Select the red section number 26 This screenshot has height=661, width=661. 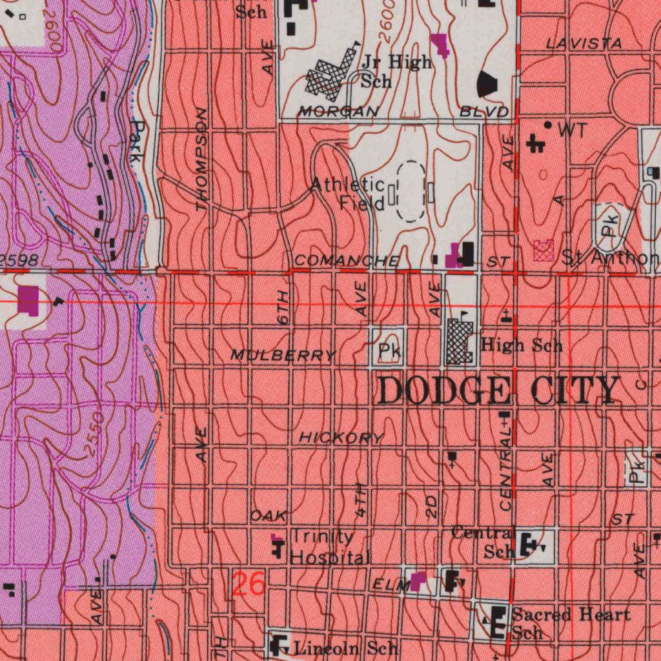pyautogui.click(x=249, y=585)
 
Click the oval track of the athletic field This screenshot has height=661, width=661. pyautogui.click(x=410, y=192)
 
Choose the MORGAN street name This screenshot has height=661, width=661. pyautogui.click(x=338, y=112)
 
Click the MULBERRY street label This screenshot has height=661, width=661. pyautogui.click(x=283, y=355)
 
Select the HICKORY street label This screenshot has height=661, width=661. pyautogui.click(x=341, y=438)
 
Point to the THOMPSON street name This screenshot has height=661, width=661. pyautogui.click(x=202, y=159)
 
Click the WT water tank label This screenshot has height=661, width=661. pyautogui.click(x=573, y=130)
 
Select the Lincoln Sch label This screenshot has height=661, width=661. pyautogui.click(x=346, y=647)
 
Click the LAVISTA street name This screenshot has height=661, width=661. pyautogui.click(x=584, y=44)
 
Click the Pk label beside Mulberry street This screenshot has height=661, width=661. pyautogui.click(x=389, y=351)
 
